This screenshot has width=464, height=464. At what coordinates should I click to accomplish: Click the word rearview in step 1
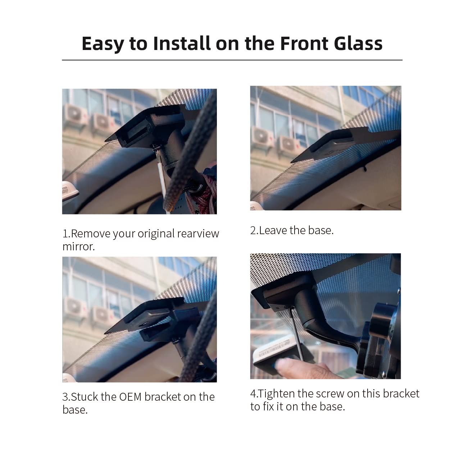(198, 234)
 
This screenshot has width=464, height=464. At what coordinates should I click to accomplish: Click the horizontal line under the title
(232, 60)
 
